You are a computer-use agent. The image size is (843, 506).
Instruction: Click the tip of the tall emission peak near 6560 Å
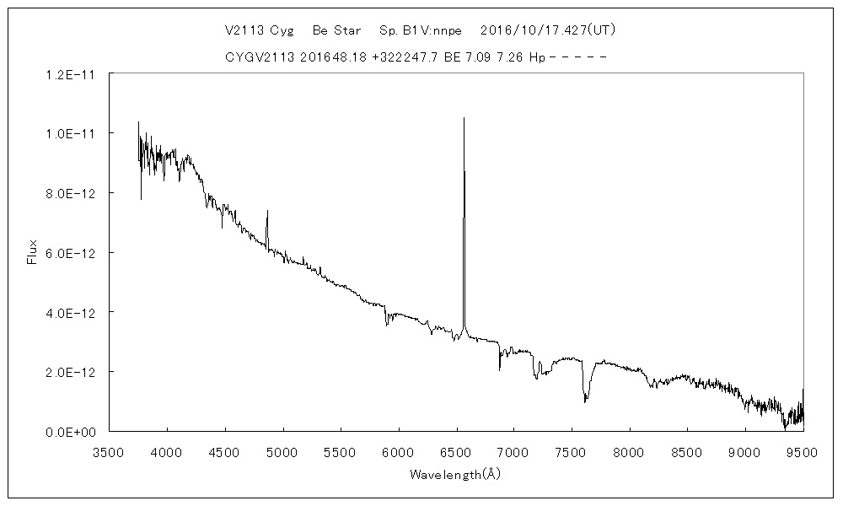pyautogui.click(x=464, y=118)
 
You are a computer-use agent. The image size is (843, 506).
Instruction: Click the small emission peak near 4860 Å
pyautogui.click(x=267, y=211)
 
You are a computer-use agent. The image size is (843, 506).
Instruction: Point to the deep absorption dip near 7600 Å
pyautogui.click(x=585, y=401)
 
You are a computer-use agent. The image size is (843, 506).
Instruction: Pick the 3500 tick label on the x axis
pyautogui.click(x=109, y=451)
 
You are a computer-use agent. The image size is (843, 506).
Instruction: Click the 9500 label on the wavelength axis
pyautogui.click(x=803, y=451)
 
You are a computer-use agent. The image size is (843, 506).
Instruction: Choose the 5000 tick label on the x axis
pyautogui.click(x=282, y=451)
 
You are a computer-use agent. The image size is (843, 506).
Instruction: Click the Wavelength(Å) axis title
pyautogui.click(x=455, y=474)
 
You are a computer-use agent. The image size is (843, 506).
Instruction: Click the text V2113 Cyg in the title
pyautogui.click(x=259, y=30)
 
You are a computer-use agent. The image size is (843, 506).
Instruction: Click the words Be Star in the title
pyautogui.click(x=336, y=30)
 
